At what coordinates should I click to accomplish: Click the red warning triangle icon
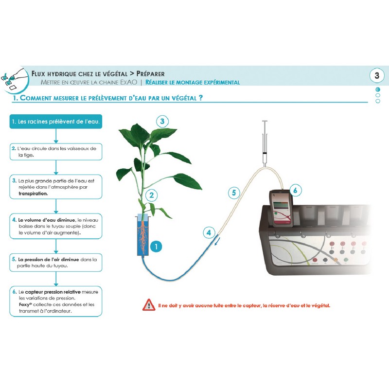click(x=149, y=305)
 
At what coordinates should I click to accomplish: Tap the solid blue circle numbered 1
click(x=156, y=247)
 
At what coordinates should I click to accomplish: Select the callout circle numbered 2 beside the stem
click(x=151, y=195)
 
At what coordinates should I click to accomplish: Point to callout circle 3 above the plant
click(x=162, y=121)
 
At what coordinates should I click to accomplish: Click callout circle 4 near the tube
click(x=209, y=233)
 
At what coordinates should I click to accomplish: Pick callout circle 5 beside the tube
click(x=234, y=193)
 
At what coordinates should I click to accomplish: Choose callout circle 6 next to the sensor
click(x=295, y=190)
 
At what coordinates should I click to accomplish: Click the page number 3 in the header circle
click(x=377, y=75)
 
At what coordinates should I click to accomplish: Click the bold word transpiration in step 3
click(x=33, y=194)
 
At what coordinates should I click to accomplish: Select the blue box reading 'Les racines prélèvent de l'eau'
click(x=56, y=122)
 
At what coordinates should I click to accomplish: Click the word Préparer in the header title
click(x=150, y=74)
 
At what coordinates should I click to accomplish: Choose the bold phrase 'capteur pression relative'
click(x=53, y=292)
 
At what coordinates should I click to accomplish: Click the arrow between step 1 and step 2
click(x=56, y=136)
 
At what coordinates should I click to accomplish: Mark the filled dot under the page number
click(x=378, y=89)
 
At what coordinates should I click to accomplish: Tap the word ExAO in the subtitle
click(x=128, y=82)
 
